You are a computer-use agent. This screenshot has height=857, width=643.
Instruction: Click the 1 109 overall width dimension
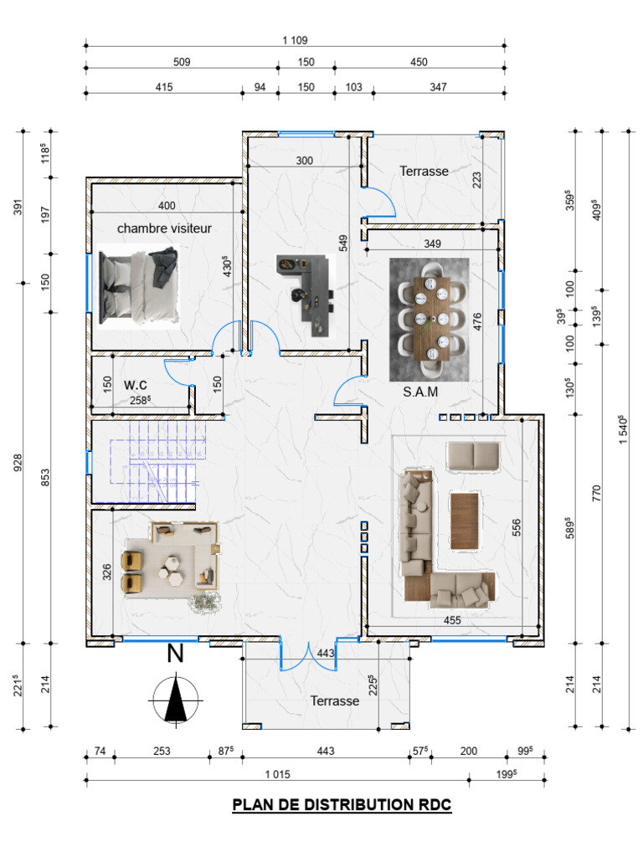pos(295,40)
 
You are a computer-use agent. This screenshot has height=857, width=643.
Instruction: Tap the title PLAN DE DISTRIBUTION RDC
pos(342,804)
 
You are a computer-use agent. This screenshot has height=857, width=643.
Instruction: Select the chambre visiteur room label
pos(164,228)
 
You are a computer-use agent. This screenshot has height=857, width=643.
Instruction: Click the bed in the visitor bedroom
pos(139,286)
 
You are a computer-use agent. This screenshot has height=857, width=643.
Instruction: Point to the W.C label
pos(135,385)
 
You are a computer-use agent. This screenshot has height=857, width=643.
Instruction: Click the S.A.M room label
pos(420,392)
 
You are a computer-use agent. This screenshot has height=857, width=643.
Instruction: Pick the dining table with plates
pos(431,319)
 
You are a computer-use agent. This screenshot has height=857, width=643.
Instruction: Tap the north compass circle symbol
pos(176,700)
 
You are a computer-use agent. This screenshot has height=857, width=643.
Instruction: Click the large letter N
pos(175,654)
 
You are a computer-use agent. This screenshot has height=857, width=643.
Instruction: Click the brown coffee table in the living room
pos(464,521)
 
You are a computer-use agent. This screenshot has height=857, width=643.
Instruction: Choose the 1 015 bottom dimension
pos(277,774)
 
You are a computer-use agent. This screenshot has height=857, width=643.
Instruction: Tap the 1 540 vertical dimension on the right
pos(623,429)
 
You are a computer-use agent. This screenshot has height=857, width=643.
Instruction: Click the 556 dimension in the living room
pos(516,527)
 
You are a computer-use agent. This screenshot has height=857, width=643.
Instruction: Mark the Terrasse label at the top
pos(424,171)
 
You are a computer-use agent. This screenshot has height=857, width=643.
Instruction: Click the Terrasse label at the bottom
pos(335,700)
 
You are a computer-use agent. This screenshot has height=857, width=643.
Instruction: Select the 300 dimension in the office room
pos(305,161)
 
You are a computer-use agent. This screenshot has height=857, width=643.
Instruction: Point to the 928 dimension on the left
pos(18,463)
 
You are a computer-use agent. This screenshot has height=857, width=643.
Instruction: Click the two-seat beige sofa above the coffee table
pos(474,456)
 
